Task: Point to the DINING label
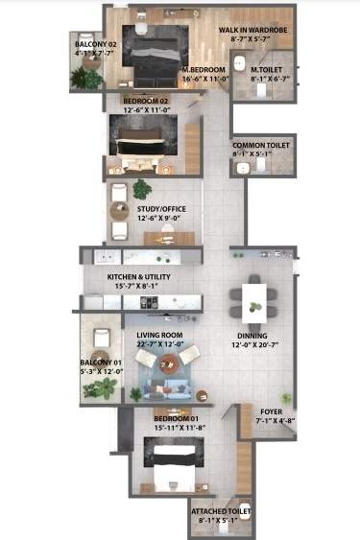tap(252, 336)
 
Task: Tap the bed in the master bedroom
tap(154, 47)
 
